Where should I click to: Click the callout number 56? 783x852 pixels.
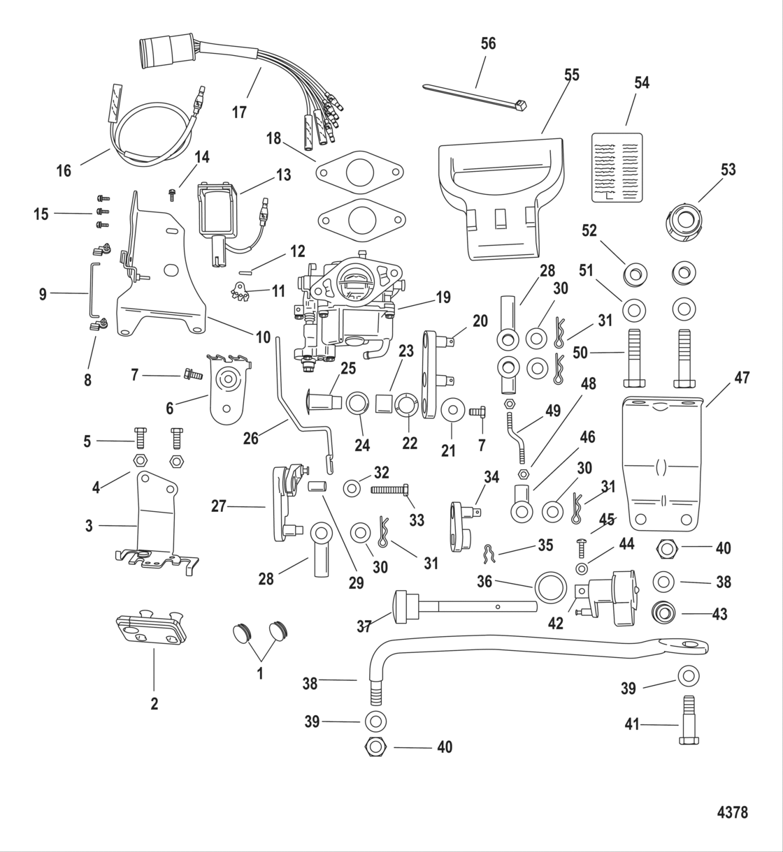[x=488, y=43]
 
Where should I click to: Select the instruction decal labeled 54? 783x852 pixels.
[x=617, y=167]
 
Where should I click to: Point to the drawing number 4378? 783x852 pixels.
[x=732, y=812]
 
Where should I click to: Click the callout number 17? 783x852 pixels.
[x=239, y=112]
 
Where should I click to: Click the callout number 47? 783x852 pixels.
[x=742, y=378]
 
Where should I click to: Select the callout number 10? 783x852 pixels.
[x=262, y=338]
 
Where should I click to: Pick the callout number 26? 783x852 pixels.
[x=250, y=438]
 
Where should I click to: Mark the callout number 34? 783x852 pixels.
[x=491, y=478]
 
